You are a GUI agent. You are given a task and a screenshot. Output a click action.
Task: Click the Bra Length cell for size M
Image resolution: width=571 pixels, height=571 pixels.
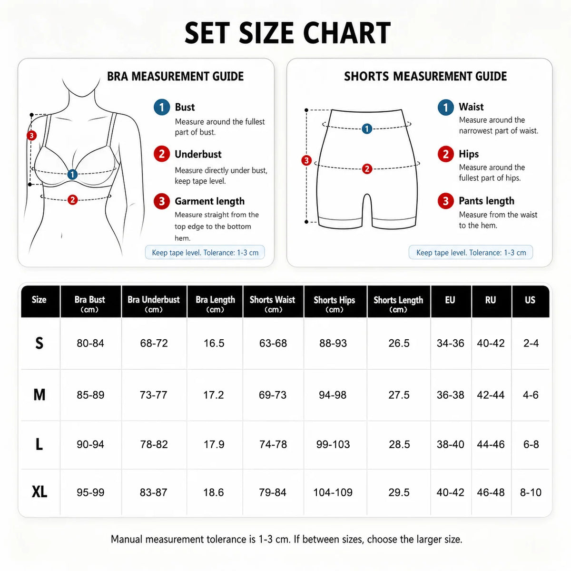point(214,394)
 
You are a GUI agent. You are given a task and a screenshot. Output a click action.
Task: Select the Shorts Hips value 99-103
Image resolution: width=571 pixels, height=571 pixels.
point(333,444)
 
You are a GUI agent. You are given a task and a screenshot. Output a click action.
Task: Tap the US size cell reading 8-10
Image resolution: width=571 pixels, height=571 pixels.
point(531,492)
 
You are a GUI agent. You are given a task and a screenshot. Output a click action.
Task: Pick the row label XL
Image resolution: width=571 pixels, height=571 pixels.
point(39,492)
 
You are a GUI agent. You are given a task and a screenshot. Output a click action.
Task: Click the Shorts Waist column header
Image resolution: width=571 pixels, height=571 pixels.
point(273,304)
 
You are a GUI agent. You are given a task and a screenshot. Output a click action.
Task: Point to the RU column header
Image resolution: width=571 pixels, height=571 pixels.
point(491,300)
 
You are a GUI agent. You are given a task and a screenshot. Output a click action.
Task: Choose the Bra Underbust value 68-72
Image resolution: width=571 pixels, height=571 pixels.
point(154,343)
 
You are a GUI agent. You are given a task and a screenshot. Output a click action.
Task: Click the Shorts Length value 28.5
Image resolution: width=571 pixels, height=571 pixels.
point(399,444)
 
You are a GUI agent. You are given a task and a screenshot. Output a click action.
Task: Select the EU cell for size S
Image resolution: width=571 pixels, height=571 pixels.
point(450,343)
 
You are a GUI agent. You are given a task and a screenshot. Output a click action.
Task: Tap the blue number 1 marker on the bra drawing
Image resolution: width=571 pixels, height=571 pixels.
point(72,175)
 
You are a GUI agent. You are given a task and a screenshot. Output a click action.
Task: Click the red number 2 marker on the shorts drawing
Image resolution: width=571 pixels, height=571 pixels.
point(367,168)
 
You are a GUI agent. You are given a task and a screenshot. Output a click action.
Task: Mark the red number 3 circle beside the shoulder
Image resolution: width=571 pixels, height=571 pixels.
point(32,136)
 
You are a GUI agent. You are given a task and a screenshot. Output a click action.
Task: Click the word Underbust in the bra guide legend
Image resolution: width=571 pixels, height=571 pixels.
point(198,154)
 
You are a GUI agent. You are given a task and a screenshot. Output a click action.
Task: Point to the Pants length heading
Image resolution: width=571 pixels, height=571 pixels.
point(486,201)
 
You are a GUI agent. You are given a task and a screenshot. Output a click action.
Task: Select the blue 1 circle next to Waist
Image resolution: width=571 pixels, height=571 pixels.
point(446,107)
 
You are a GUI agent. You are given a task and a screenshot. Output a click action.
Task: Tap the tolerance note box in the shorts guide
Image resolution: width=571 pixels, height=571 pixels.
point(471,253)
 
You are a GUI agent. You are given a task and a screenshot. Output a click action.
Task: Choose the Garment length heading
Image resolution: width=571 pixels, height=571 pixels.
point(209,201)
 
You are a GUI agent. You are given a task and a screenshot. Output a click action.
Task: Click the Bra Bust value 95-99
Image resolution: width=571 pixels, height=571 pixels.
point(90,492)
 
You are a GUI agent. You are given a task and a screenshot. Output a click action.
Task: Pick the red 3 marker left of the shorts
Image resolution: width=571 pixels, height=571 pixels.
point(306,160)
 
